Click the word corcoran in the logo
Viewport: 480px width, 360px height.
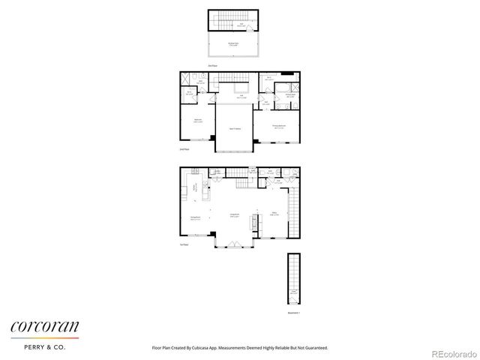[x=43, y=326]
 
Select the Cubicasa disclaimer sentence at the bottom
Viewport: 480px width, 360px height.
[x=239, y=348]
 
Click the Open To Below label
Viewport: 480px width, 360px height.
[x=234, y=128]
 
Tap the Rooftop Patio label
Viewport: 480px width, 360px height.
[x=233, y=43]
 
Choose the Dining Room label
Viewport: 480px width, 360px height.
[x=194, y=218]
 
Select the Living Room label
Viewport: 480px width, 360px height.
[x=234, y=215]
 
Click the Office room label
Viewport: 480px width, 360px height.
[x=274, y=213]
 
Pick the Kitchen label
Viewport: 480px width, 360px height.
[x=196, y=188]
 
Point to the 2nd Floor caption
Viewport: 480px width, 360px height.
[x=184, y=150]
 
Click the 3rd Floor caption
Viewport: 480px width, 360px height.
[x=213, y=66]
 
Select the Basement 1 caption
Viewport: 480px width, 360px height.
[x=293, y=313]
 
